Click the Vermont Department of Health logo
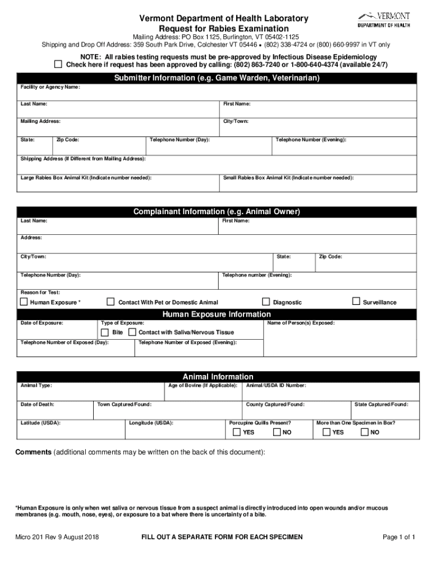click(384, 19)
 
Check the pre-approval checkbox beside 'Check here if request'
click(58, 64)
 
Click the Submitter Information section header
click(217, 78)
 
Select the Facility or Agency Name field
click(217, 94)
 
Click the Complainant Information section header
click(217, 212)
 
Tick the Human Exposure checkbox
click(24, 302)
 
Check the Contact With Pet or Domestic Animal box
click(111, 302)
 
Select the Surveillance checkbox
click(356, 302)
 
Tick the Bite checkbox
click(104, 332)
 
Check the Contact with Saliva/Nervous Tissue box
click(132, 332)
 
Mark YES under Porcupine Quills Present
click(237, 432)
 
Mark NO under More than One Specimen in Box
click(365, 432)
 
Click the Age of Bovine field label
click(203, 386)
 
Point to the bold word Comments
click(33, 452)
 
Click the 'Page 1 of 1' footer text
click(399, 537)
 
